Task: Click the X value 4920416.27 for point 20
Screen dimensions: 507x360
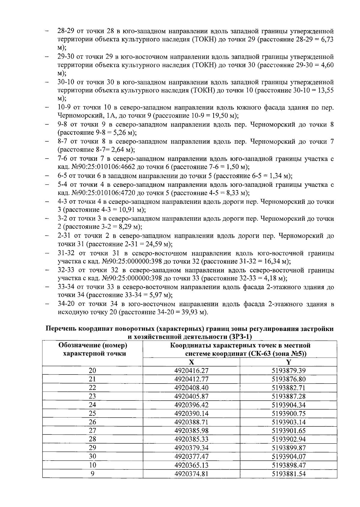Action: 191,371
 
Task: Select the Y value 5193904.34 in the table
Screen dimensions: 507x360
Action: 288,405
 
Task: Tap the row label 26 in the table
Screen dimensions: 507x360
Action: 92,422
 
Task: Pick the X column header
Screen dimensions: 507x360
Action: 191,362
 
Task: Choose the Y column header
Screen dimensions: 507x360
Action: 288,362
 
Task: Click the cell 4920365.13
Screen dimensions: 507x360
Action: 191,465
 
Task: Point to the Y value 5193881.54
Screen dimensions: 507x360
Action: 288,474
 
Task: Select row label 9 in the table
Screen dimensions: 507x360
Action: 92,474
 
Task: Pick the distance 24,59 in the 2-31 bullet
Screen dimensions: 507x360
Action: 152,244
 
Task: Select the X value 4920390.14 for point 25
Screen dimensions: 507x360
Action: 191,413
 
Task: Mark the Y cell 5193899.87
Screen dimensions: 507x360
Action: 288,448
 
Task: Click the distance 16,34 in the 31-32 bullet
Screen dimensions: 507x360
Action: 270,261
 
